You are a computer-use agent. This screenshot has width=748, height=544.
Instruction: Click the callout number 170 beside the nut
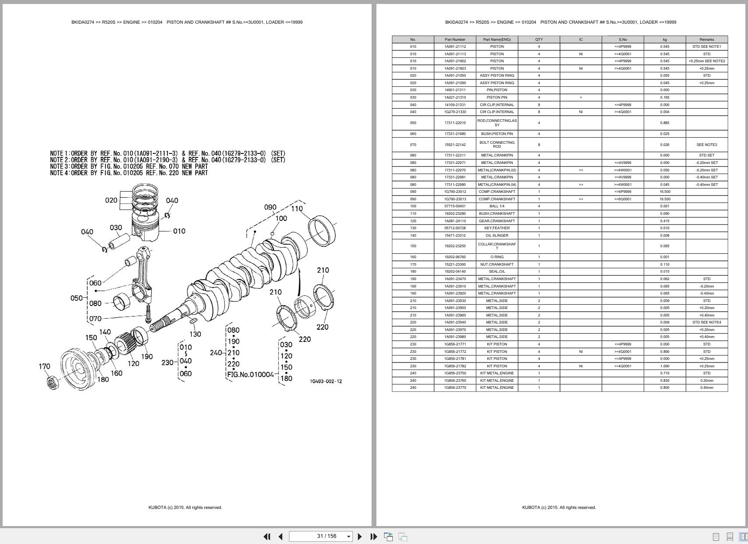click(x=44, y=366)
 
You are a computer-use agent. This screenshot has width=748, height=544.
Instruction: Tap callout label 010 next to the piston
click(x=179, y=231)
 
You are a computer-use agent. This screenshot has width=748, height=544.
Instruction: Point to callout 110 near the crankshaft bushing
click(x=297, y=209)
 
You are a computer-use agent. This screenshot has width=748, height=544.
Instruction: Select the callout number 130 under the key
click(x=195, y=334)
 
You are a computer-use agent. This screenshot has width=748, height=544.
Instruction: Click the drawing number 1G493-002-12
click(x=326, y=381)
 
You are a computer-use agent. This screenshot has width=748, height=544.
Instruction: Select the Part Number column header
click(x=455, y=39)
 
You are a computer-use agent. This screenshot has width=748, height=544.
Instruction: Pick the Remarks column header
click(x=706, y=39)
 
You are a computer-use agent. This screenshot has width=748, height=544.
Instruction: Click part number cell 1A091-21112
click(x=455, y=46)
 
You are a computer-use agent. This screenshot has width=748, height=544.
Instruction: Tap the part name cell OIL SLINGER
click(x=496, y=235)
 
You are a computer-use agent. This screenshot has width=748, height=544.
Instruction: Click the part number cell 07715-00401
click(x=455, y=206)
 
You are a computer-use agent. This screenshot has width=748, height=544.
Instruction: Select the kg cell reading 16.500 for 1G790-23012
click(x=664, y=192)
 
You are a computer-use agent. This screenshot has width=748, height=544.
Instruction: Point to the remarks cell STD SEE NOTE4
click(x=706, y=322)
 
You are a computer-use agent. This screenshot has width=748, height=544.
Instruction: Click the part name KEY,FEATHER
click(x=496, y=228)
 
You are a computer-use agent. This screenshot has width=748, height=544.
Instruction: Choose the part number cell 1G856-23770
click(x=455, y=388)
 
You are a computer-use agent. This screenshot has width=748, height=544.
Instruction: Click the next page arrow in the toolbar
click(x=360, y=536)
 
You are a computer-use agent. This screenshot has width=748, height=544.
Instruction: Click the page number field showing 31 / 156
click(x=321, y=536)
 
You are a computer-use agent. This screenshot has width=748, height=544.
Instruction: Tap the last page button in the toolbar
click(x=373, y=536)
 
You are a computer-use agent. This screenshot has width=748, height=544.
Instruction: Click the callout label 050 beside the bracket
click(x=76, y=298)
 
